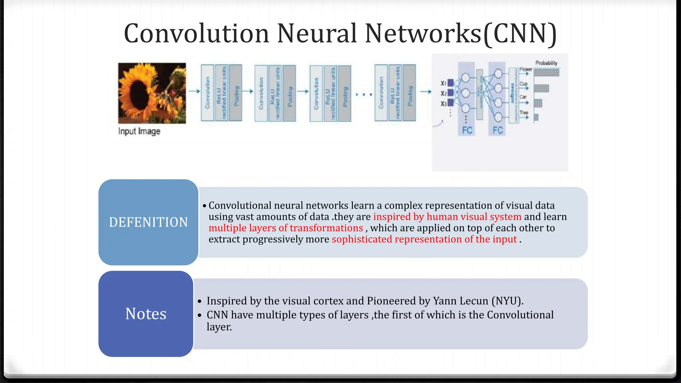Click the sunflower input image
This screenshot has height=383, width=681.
152,93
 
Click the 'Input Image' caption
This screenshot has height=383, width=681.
139,131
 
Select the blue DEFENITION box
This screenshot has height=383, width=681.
148,222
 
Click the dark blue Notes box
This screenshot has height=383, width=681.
146,314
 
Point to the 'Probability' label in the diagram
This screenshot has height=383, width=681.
546,63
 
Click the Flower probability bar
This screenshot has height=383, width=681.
546,72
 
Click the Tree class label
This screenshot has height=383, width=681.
524,113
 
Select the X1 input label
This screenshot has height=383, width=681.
444,83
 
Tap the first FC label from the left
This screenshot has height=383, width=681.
467,130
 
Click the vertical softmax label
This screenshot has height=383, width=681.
512,93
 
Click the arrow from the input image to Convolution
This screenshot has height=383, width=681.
194,91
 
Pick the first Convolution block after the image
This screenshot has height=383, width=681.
207,93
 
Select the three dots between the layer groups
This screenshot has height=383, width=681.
363,95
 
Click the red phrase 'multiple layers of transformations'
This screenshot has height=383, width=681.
286,228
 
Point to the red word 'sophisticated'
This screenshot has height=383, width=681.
362,239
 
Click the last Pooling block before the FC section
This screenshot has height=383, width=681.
410,93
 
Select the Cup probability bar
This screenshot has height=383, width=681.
541,88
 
